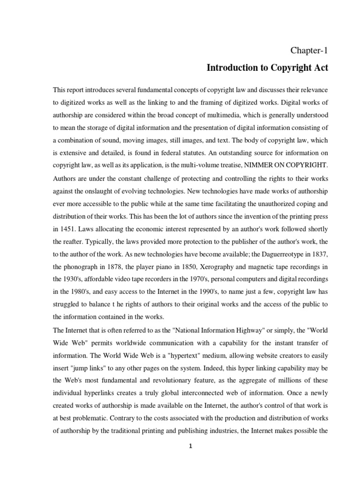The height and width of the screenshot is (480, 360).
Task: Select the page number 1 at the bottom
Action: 190,446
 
